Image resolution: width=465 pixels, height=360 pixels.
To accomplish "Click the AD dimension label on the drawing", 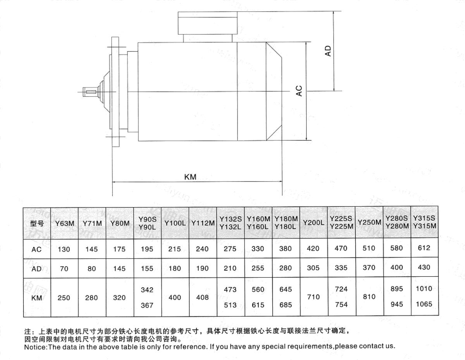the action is pos(327,51).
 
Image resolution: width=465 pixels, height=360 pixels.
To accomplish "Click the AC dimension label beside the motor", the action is pos(299,91).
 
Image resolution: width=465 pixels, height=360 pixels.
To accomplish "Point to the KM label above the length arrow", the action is pos(190,177).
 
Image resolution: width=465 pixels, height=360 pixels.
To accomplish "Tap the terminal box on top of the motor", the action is pos(208,23).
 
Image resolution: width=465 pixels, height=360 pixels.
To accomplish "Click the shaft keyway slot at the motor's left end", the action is pos(91,92).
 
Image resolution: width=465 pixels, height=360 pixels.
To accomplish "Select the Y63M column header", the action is pos(65,224).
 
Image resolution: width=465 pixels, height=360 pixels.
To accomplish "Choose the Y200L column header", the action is pos(313,223).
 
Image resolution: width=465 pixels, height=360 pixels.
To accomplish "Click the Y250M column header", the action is pos(369,222).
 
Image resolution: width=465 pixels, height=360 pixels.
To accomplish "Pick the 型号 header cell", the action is pos(37,224).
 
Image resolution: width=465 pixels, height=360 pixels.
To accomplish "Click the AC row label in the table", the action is pos(36,249).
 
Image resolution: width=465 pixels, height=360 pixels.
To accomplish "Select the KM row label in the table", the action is pos(36,298).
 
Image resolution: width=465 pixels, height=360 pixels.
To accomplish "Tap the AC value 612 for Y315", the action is pos(424,248).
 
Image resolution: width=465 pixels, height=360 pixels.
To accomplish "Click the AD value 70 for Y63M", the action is pos(64,269).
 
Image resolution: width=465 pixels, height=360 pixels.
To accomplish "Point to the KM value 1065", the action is pos(424,304).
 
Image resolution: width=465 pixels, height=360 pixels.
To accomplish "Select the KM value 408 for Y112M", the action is pos(202,297).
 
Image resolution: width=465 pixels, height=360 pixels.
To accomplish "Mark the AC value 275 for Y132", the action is pos(230,249).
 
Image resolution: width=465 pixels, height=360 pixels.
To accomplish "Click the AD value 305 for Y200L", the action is pos(313,268).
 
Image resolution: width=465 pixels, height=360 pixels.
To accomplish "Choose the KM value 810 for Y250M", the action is pos(369,297).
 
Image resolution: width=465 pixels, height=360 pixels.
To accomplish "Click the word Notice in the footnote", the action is pos(35,347).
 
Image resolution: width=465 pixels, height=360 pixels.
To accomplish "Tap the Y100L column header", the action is pos(175,223).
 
